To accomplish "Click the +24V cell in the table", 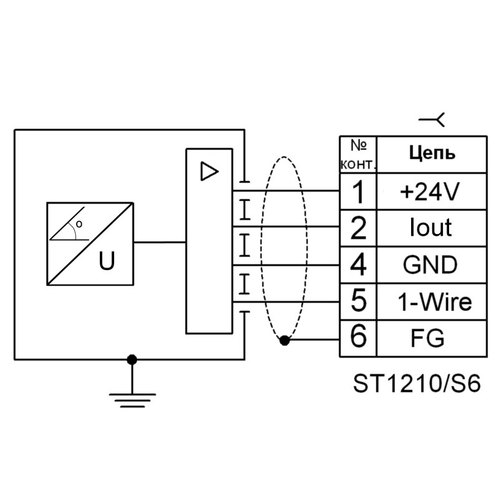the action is [x=431, y=191].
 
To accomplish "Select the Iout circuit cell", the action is [x=431, y=228].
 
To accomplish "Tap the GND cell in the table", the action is [x=431, y=264].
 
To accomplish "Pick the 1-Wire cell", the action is [x=431, y=302].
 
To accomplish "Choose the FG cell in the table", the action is [x=431, y=338].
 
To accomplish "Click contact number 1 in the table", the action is [x=358, y=191].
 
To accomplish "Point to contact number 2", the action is [x=358, y=228].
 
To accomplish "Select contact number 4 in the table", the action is [x=358, y=264].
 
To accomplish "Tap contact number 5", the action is [x=358, y=302].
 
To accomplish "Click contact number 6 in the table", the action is [x=358, y=338].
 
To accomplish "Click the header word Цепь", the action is [x=432, y=153].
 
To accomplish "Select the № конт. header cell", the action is [x=358, y=155].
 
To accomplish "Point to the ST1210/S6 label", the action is [x=417, y=384].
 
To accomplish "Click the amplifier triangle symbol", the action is [x=209, y=171].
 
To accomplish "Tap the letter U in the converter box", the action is [x=107, y=261].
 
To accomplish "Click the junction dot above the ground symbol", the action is [x=132, y=360].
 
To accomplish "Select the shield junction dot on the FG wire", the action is [x=284, y=340].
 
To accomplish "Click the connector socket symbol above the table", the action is [x=432, y=120].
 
